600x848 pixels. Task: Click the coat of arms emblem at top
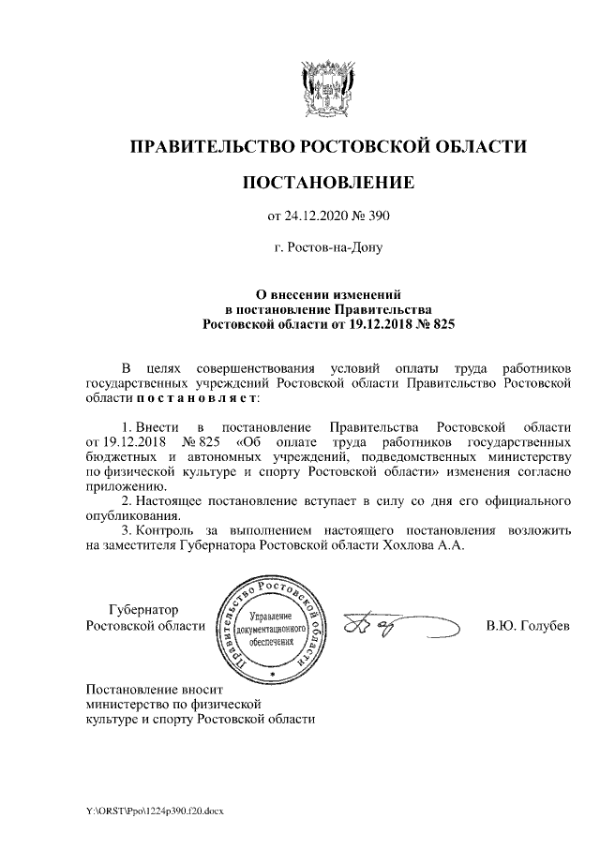[x=327, y=89]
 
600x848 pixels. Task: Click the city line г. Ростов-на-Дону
[x=327, y=249]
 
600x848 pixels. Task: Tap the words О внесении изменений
[x=327, y=293]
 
